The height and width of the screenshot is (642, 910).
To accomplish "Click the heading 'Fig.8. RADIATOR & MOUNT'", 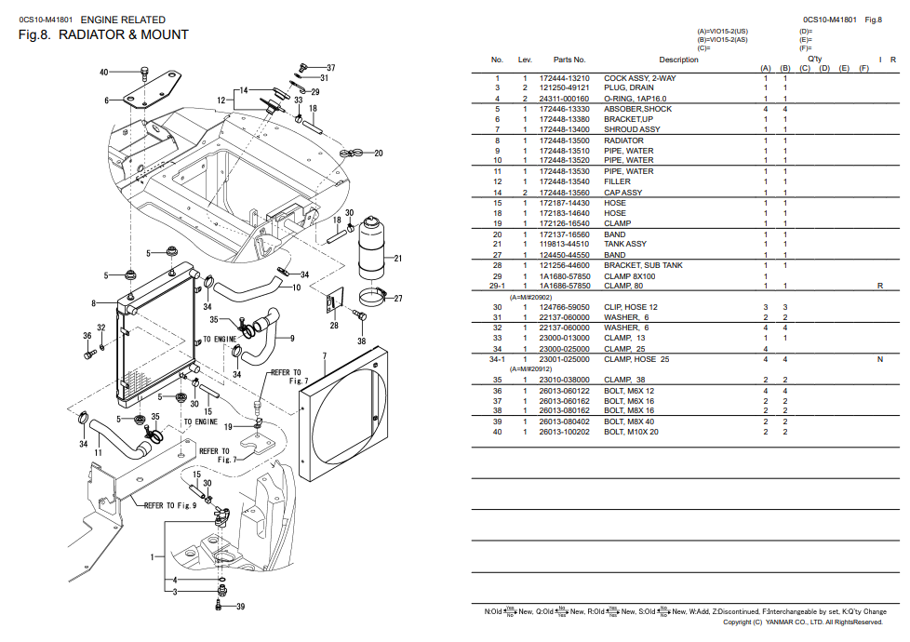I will point(103,35).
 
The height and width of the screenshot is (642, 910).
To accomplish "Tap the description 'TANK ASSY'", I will point(625,244).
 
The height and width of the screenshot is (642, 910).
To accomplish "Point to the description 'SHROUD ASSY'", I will point(632,129).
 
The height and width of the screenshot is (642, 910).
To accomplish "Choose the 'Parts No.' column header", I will point(569,60).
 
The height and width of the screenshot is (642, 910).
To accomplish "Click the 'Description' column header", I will point(678,60).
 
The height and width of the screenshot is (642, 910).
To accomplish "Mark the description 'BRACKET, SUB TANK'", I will point(643,265).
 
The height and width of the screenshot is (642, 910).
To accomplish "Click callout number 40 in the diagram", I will point(103,72).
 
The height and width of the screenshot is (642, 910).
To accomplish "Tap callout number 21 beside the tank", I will point(397,258).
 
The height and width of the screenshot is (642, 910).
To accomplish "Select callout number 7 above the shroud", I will point(324,356).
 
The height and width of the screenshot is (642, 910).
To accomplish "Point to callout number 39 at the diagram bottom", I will point(239,607).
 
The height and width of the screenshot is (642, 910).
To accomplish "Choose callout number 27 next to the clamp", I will point(397,299).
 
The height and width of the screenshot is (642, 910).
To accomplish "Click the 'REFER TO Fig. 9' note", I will point(169,506).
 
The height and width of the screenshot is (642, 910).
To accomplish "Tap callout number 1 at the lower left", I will point(153,557).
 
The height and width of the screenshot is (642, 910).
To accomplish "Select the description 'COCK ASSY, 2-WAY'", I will point(640,78).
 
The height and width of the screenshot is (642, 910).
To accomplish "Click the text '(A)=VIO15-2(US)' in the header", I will point(722,31).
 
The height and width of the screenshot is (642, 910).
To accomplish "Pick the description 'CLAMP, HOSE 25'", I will point(636,359).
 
